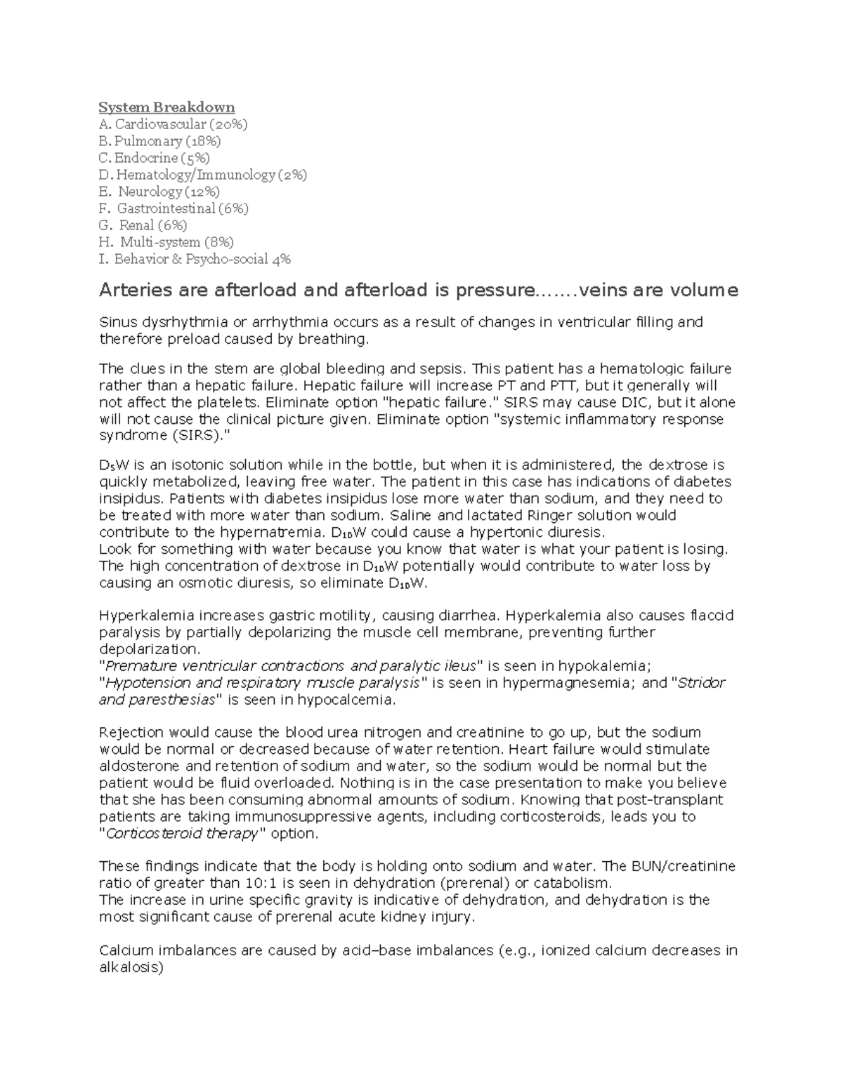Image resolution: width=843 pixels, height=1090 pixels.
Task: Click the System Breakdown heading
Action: point(166,107)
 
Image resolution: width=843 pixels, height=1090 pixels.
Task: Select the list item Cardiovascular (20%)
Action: point(174,124)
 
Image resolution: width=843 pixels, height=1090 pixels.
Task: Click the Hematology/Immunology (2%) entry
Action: point(203,175)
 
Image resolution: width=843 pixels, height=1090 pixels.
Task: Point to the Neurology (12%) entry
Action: point(160,192)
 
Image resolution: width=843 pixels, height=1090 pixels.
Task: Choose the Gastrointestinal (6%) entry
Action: point(174,208)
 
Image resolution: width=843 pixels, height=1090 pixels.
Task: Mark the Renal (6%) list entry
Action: point(144,225)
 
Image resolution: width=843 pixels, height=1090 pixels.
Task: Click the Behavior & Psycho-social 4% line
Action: point(195,259)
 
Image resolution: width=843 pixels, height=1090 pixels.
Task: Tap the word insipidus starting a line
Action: point(131,498)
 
